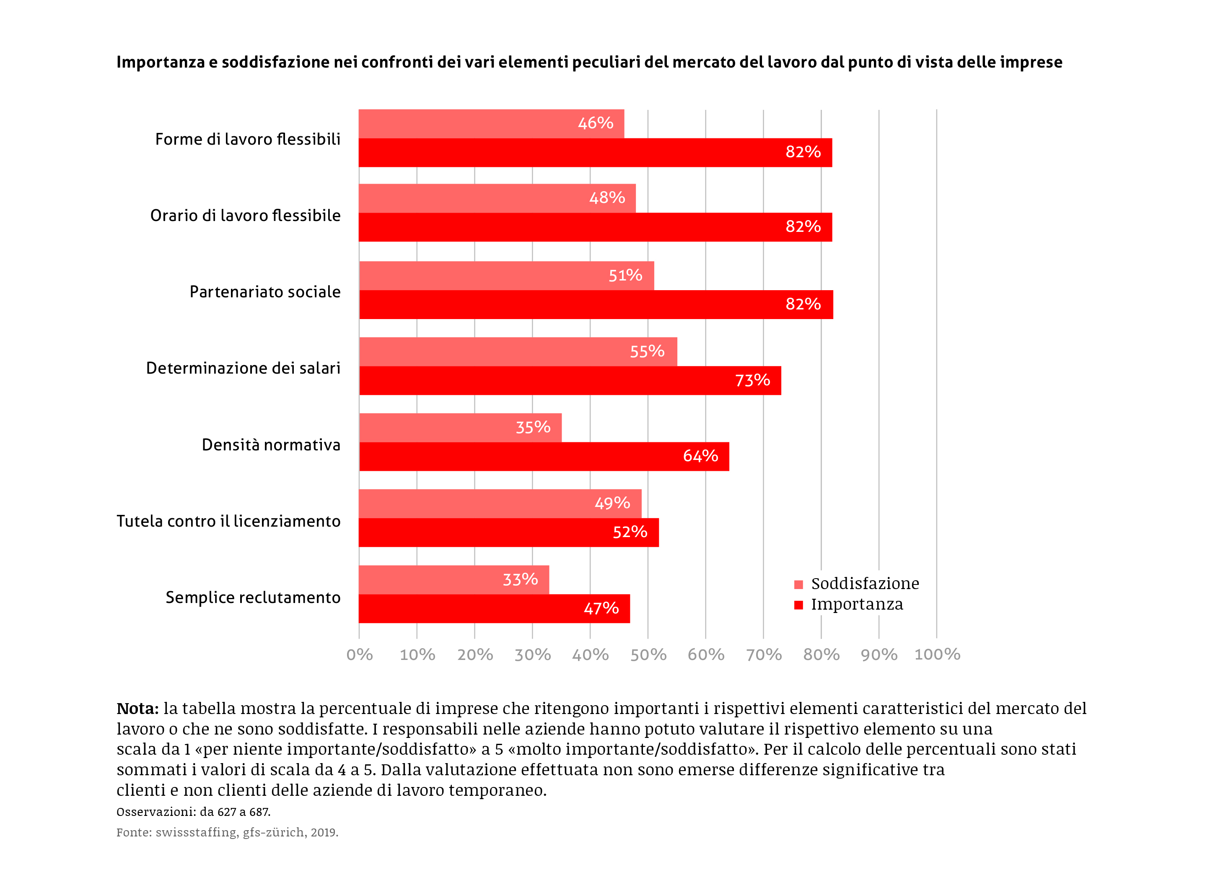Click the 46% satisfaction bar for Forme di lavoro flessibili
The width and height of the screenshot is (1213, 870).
(x=491, y=124)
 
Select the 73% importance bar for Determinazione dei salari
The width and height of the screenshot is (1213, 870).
(x=570, y=380)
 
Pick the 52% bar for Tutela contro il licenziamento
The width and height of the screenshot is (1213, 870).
(x=508, y=532)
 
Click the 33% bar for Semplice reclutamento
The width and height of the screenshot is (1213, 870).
(x=454, y=579)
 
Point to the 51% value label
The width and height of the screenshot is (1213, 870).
(x=625, y=275)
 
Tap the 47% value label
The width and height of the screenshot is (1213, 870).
(x=601, y=608)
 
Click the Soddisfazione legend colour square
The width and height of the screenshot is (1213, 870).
(x=798, y=584)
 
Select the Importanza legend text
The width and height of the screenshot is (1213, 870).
(x=857, y=604)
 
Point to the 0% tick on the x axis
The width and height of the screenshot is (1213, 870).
(x=359, y=654)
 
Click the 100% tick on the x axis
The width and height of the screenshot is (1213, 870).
(x=937, y=654)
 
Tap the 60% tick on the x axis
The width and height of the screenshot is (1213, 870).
(x=706, y=654)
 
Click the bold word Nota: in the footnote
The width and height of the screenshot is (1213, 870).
(x=137, y=709)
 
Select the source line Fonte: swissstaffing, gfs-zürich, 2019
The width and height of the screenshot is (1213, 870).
(x=227, y=832)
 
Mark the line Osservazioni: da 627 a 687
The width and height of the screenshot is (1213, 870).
(x=193, y=812)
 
